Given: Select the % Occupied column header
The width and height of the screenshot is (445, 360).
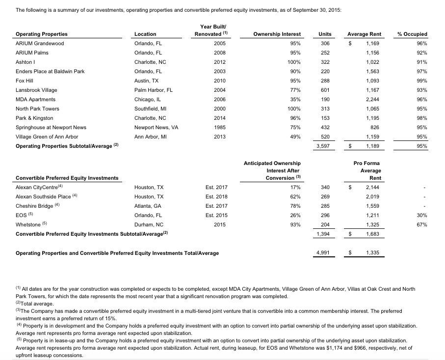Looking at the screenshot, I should coord(412,34).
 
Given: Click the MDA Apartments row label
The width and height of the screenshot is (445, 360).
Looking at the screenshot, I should coord(36,99).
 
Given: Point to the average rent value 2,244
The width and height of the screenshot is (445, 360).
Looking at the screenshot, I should coord(372,99).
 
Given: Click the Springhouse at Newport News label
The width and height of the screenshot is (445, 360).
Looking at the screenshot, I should coord(51,127).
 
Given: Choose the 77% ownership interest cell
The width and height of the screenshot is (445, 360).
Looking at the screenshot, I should coord(294,90).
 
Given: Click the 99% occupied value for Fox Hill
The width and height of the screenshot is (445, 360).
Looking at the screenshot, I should coord(421,81).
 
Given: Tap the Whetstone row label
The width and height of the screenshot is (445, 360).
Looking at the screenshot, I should coord(28,224).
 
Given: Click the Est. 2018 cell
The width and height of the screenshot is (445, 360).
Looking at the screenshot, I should coord(216,196).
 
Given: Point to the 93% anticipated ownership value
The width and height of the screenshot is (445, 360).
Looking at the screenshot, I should coord(294,224).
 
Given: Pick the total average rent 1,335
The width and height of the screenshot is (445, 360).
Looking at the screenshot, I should coord(372,253).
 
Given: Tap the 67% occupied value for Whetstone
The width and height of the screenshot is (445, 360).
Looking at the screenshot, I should coord(421,224).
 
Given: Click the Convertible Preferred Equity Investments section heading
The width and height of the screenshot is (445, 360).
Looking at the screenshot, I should coord(67,178).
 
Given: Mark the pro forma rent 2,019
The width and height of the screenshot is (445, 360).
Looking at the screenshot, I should coord(372,196).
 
